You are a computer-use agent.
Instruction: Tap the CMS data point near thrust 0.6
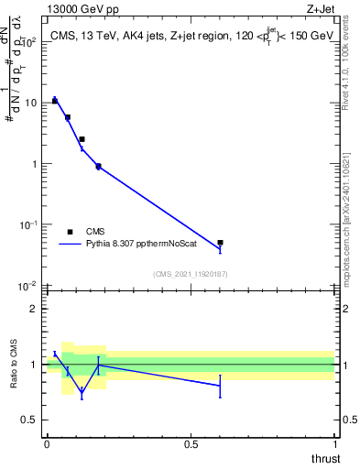(x=220, y=243)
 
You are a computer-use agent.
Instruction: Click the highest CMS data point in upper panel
(x=54, y=101)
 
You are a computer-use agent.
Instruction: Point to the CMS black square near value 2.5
(x=82, y=139)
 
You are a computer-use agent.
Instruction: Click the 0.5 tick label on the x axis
(x=191, y=444)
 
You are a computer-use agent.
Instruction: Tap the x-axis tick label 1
(x=334, y=444)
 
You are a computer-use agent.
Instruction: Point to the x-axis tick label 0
(x=47, y=444)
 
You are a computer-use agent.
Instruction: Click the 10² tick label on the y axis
(x=27, y=42)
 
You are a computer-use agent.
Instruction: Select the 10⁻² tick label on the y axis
(x=27, y=286)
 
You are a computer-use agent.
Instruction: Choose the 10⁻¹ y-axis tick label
(x=27, y=225)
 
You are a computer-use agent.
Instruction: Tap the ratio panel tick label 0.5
(x=29, y=420)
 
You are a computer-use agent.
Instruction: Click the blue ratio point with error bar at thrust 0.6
(x=220, y=386)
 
